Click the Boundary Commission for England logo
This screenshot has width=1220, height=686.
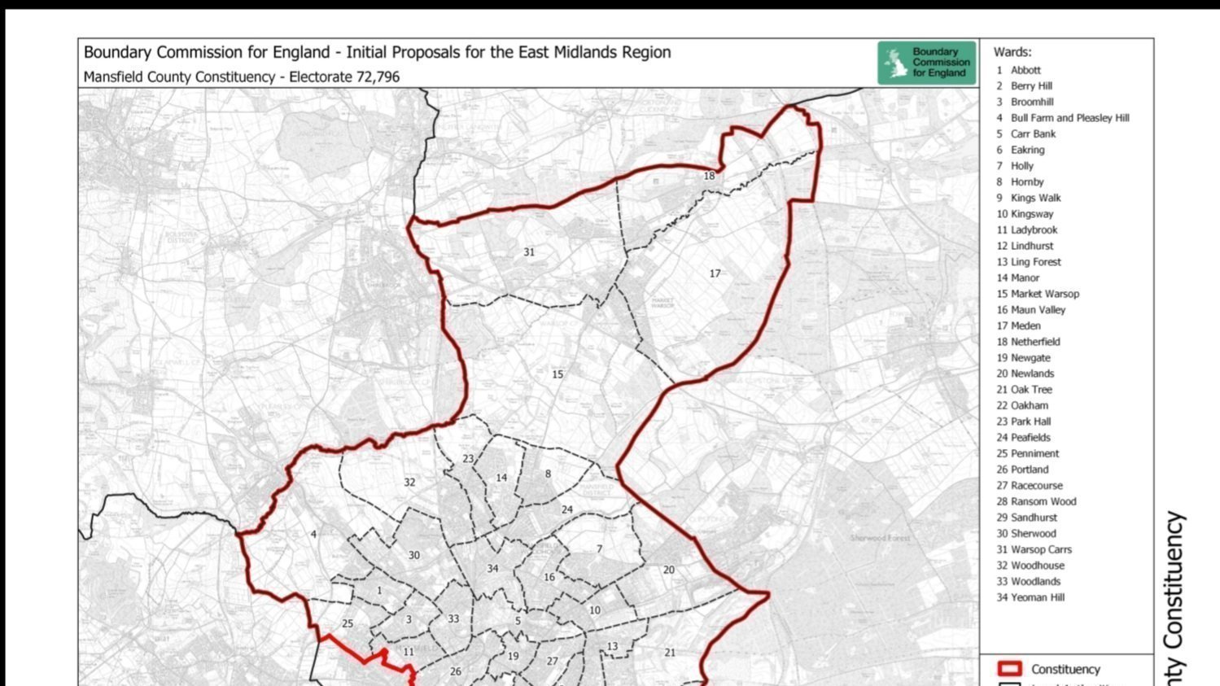pos(926,63)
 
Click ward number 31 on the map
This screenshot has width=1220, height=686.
pos(529,252)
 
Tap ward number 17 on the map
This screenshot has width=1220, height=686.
pos(715,273)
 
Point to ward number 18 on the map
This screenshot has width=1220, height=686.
pos(709,176)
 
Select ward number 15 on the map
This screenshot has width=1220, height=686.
pos(558,374)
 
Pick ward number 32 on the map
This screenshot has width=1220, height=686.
pos(409,483)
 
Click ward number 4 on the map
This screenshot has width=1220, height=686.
pos(313,535)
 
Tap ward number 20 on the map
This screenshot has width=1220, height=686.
pos(668,570)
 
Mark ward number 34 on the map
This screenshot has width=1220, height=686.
pos(492,568)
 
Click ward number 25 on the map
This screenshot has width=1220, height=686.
pos(348,624)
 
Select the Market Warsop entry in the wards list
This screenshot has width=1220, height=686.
pos(1044,294)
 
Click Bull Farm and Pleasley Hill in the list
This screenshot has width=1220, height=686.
pos(1069,118)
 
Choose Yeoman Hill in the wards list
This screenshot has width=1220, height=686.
pos(1037,597)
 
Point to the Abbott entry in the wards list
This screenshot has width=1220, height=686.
pos(1025,70)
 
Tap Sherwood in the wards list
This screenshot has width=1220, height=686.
pos(1033,534)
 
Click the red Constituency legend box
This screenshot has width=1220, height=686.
pos(1009,669)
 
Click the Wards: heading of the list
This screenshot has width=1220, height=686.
pos(1012,52)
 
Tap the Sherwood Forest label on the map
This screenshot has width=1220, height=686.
pos(881,538)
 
